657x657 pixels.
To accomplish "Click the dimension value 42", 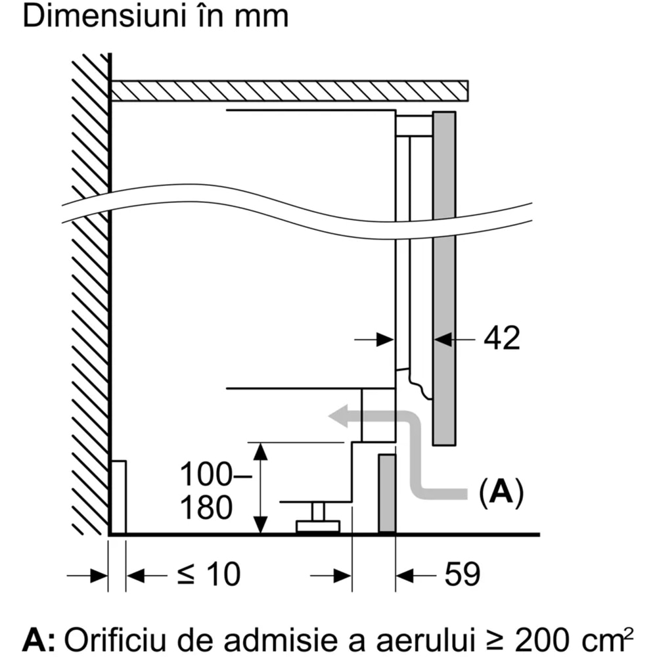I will [502, 338].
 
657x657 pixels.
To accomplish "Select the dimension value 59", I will [462, 575].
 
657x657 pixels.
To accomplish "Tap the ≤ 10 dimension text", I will [208, 575].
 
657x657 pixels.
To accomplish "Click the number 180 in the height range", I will [206, 508].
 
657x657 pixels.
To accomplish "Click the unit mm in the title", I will [266, 18].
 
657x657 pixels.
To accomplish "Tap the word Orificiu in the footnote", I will [112, 638].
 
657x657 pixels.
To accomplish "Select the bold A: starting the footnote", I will [39, 638].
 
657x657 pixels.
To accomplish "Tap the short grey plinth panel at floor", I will [387, 493].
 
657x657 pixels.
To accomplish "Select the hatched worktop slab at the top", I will [289, 91].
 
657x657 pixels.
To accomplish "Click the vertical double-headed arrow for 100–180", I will [261, 488].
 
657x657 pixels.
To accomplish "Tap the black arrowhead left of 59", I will [405, 576].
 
